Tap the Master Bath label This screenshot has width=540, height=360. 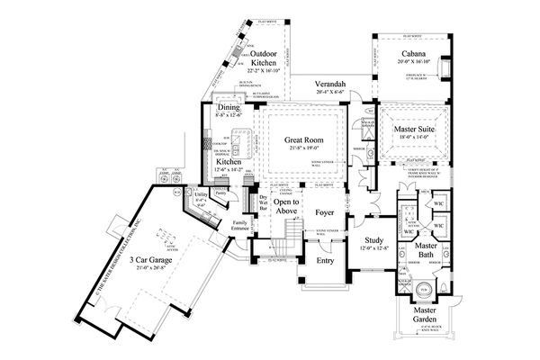pos(426,251)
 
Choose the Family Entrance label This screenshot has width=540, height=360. pos(239,226)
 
